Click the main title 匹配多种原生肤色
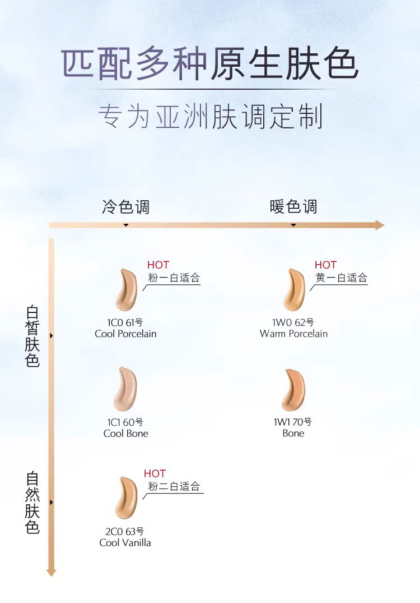(209, 65)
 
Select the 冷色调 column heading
(126, 206)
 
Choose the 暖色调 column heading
(293, 206)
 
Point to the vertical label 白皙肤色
(32, 336)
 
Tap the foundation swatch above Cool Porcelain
(126, 290)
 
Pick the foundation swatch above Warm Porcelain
(293, 290)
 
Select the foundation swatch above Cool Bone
(125, 389)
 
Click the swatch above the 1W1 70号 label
(293, 389)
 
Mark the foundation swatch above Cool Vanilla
(126, 498)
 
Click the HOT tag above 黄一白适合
(325, 265)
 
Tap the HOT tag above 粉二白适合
(155, 474)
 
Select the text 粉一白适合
(174, 278)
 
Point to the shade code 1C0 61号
(125, 323)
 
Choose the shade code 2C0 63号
(125, 531)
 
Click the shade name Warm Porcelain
(293, 334)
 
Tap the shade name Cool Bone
(126, 434)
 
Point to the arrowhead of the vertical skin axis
(52, 572)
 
